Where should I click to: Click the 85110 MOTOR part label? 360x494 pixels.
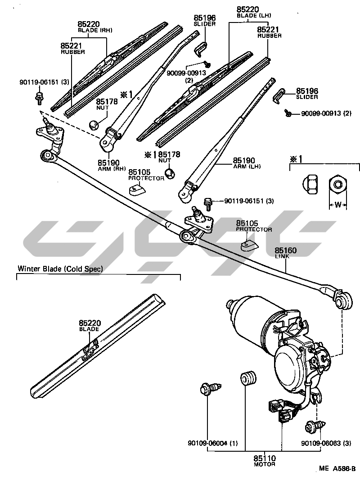coord(264,461)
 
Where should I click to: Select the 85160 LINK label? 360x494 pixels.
coord(286,252)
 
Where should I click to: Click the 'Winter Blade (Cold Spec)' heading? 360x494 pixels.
coord(60,269)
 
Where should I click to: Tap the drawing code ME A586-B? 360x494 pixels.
coord(337,468)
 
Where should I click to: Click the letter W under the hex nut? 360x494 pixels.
coord(337,205)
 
